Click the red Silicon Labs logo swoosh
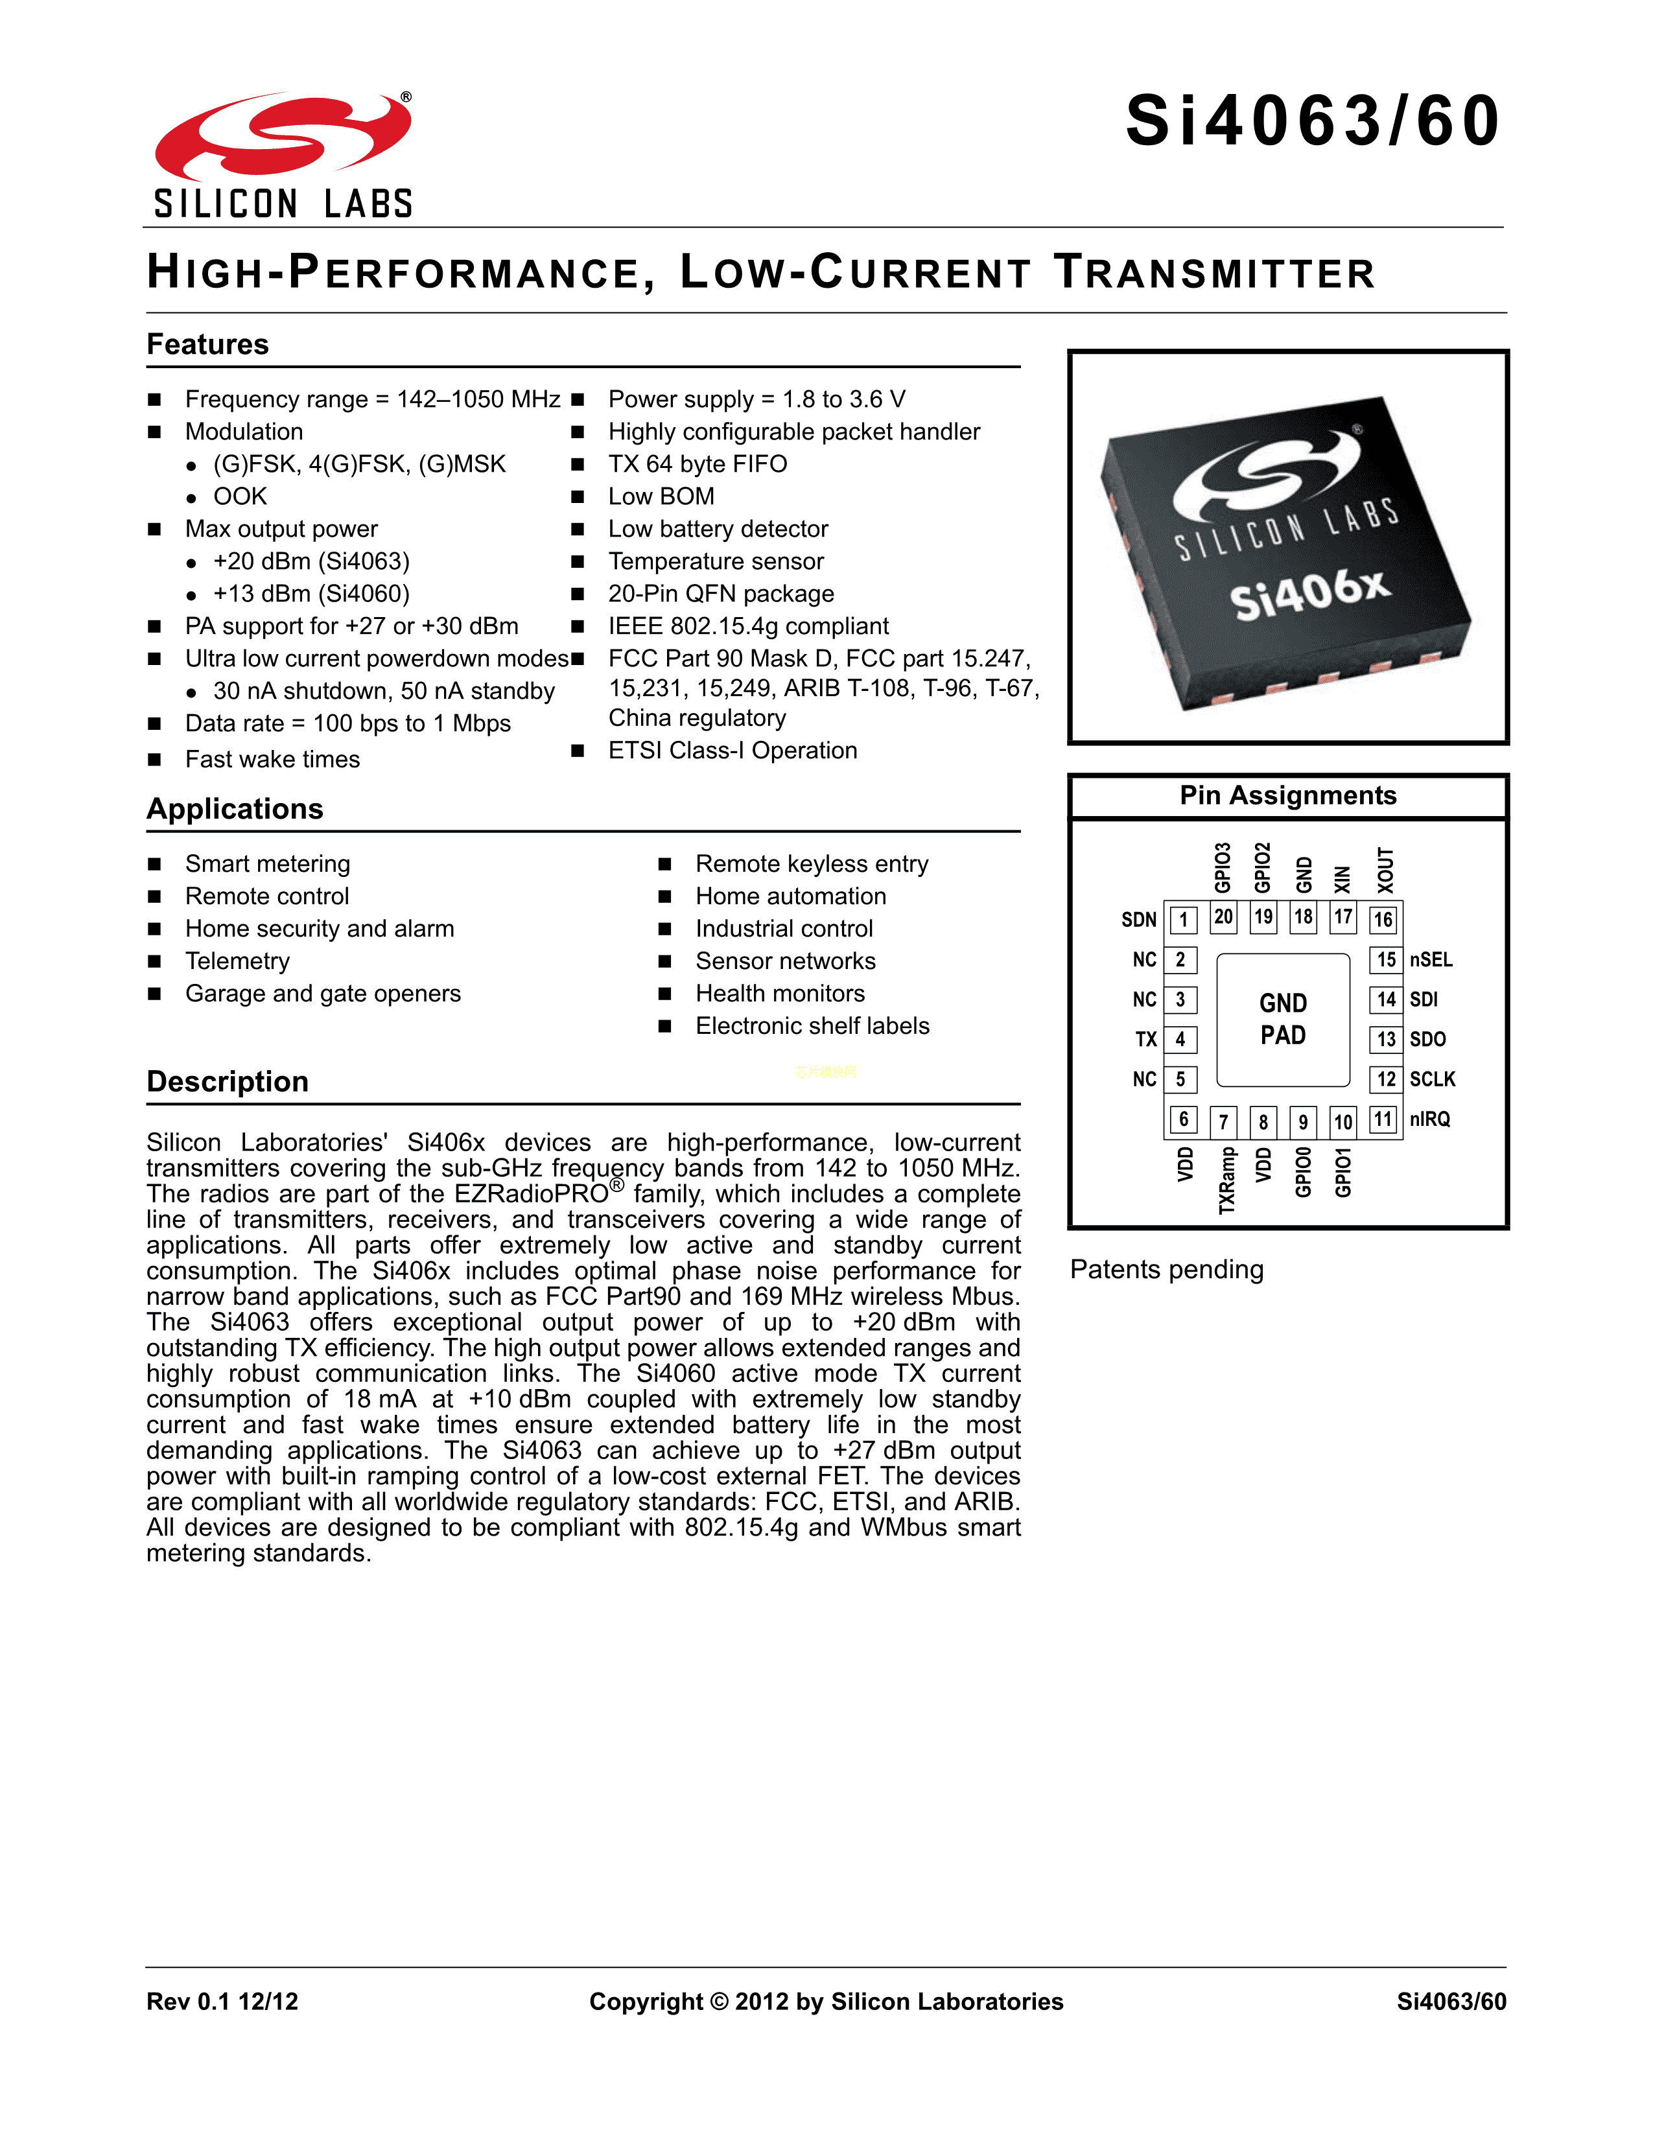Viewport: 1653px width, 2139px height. (x=282, y=137)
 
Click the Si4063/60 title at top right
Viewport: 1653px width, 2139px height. (x=1312, y=121)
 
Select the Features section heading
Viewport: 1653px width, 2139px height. (x=207, y=345)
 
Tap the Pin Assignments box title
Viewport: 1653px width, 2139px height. (x=1288, y=795)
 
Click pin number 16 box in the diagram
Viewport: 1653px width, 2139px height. (x=1383, y=918)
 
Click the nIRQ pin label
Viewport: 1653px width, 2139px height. (x=1430, y=1119)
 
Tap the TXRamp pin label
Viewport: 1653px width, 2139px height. (x=1226, y=1181)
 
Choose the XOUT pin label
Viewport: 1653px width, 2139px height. (x=1385, y=870)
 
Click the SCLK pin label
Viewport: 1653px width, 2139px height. (x=1432, y=1079)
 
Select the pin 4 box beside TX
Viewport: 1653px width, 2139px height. (x=1181, y=1039)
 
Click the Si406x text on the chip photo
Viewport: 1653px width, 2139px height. (x=1309, y=594)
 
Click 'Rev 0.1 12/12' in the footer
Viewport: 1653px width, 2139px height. (x=222, y=2001)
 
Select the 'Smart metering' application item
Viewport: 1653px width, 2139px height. (x=267, y=864)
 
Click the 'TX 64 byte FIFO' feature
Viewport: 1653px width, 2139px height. (x=698, y=464)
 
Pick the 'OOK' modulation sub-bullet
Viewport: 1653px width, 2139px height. (x=240, y=497)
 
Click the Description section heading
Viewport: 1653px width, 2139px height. (x=227, y=1081)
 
